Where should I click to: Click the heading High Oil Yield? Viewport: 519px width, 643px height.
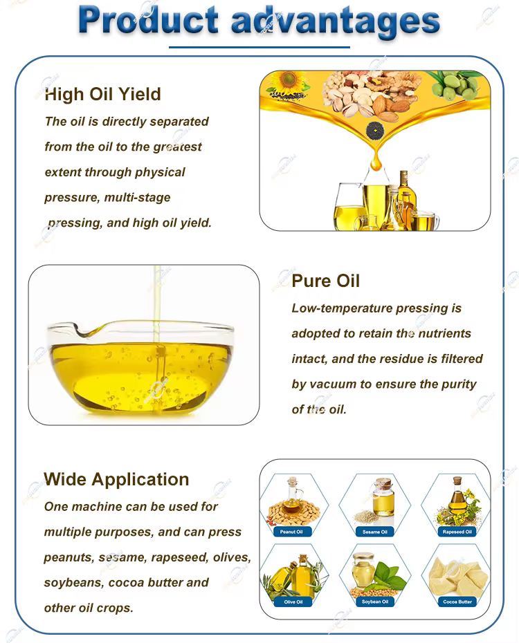point(102,94)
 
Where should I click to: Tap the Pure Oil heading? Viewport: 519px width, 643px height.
point(326,281)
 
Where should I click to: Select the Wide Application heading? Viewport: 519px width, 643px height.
point(116,479)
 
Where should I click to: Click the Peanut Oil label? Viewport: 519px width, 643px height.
point(291,532)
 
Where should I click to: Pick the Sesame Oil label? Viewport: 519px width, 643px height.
point(375,532)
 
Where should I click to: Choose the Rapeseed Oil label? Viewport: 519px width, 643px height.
point(457,532)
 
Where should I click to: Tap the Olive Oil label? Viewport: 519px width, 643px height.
point(293,602)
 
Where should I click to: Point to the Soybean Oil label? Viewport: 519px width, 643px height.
point(375,602)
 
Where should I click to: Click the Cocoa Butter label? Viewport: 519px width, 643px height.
point(457,602)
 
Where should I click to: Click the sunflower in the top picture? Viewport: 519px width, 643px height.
point(288,80)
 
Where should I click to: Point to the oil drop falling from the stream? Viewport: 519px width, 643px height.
point(376,162)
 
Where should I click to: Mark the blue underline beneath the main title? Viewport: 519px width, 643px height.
point(259,47)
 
